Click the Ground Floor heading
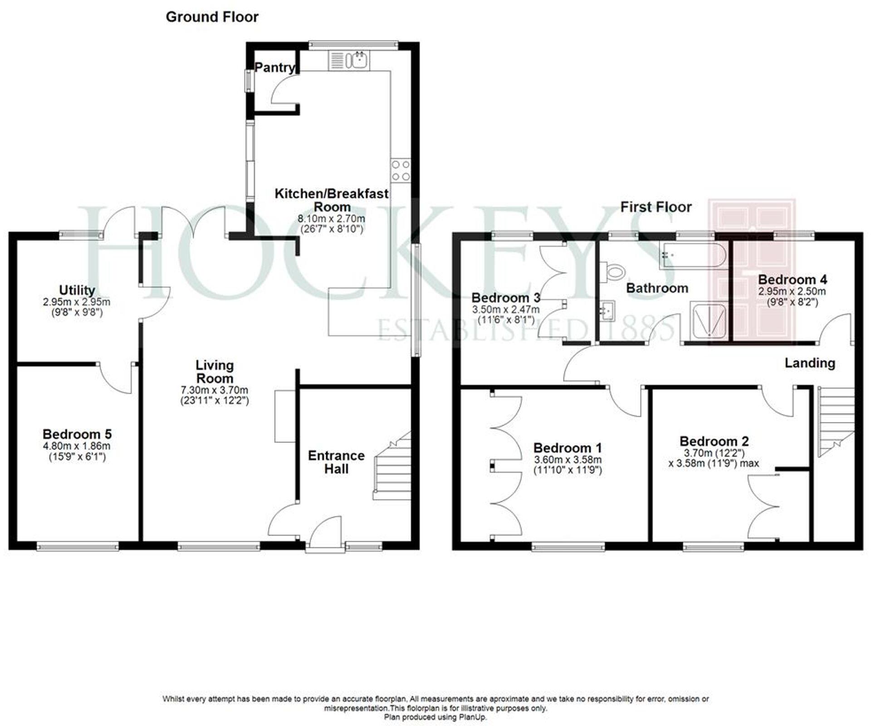[212, 17]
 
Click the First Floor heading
[656, 207]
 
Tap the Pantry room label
[274, 68]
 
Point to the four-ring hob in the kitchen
[401, 171]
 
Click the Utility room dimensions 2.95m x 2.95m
[77, 302]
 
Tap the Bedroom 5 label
[77, 434]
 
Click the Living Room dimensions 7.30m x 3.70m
[215, 390]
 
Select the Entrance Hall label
[336, 462]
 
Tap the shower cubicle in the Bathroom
[708, 320]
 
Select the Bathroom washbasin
[606, 310]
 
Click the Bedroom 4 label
[792, 280]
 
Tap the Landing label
[810, 363]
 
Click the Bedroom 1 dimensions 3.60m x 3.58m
[568, 460]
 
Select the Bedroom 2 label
[714, 441]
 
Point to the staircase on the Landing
[836, 420]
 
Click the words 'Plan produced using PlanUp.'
[435, 717]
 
